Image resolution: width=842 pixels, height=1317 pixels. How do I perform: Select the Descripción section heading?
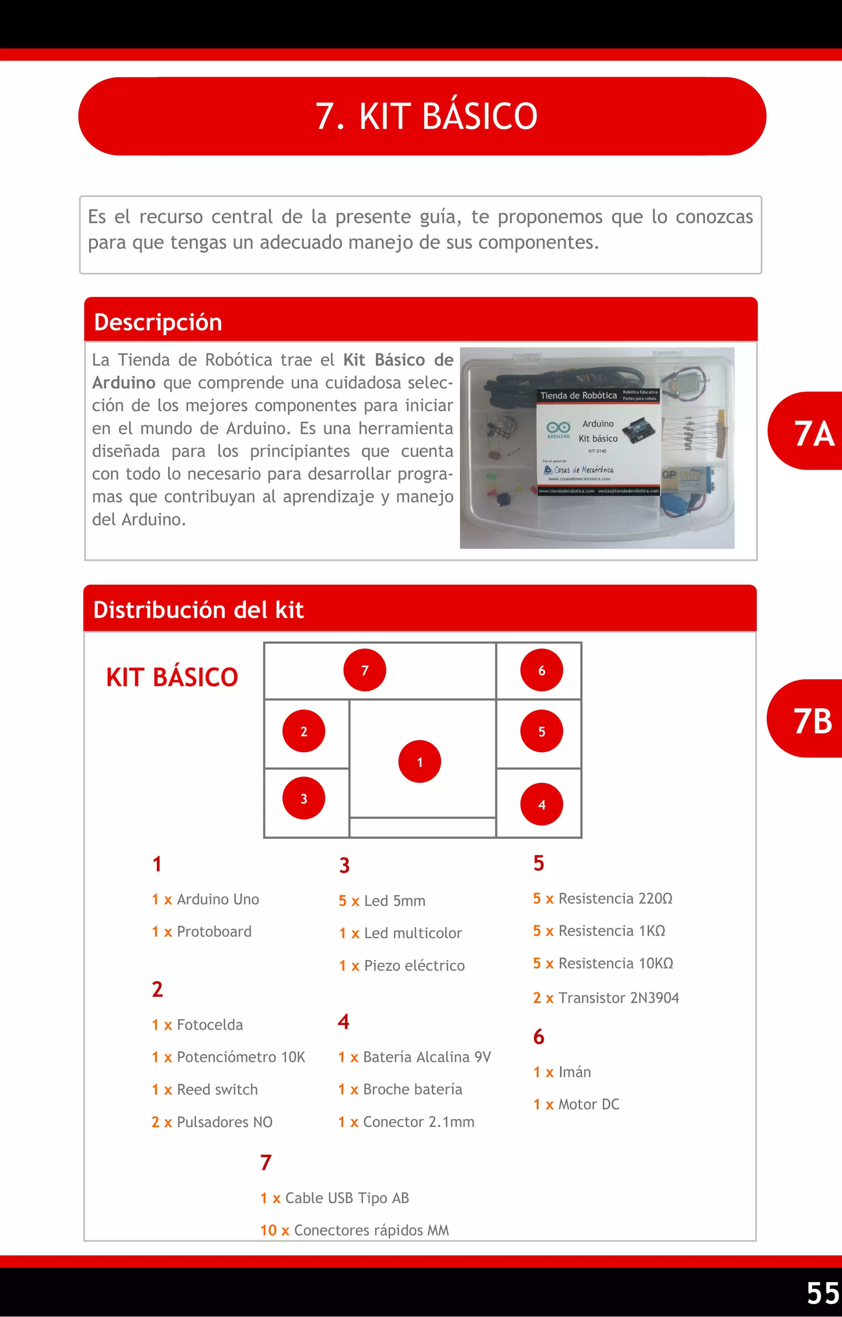click(x=158, y=322)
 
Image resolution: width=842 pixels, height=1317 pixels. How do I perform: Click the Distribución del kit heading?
click(x=198, y=610)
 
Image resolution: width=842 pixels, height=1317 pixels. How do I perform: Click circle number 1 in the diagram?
click(x=420, y=762)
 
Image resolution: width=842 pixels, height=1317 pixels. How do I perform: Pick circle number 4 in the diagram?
click(x=541, y=804)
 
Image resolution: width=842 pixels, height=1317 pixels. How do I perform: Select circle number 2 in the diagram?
click(x=304, y=731)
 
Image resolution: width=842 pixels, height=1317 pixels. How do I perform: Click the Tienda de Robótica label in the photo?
click(x=578, y=395)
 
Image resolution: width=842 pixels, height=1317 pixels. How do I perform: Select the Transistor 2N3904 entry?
click(x=618, y=998)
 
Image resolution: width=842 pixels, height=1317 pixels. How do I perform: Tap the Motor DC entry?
click(x=588, y=1104)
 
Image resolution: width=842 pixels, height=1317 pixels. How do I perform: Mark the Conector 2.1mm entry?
click(x=418, y=1122)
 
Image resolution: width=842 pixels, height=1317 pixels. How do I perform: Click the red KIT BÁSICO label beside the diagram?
click(x=172, y=677)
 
